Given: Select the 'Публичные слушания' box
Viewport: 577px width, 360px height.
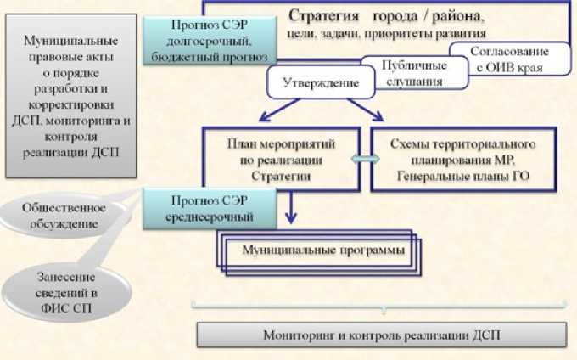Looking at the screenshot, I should click(413, 73).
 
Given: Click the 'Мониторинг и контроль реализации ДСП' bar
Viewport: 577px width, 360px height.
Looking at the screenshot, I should click(381, 335).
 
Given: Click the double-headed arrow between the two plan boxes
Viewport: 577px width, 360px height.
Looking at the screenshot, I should click(364, 160).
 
